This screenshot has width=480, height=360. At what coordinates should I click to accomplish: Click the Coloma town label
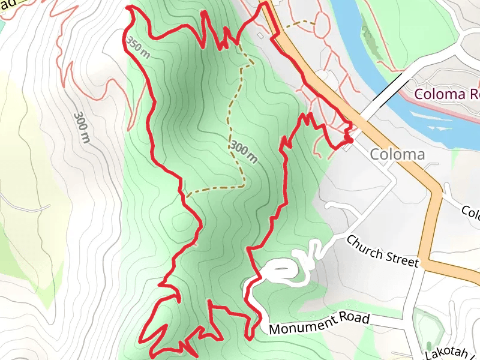(x=397, y=154)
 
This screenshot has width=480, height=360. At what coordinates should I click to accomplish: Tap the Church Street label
(x=382, y=251)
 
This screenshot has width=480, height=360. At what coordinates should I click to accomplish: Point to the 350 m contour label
(x=137, y=46)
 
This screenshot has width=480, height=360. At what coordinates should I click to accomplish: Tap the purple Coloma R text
(x=447, y=94)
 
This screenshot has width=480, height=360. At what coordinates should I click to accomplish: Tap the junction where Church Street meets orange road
(x=424, y=262)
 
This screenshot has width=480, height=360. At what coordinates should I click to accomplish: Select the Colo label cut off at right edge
(x=470, y=212)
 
